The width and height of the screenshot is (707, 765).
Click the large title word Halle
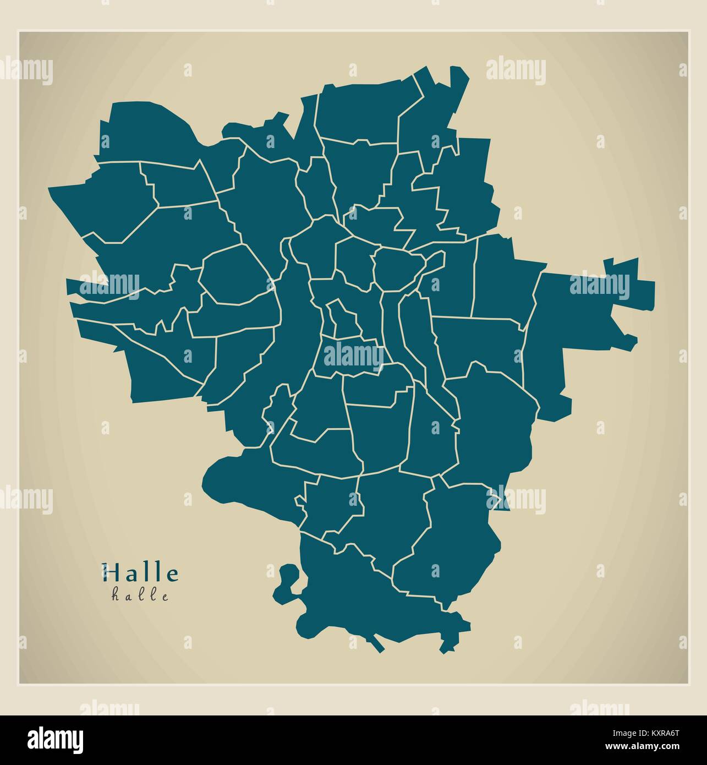(x=140, y=573)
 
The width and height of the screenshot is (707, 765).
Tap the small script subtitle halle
(x=140, y=595)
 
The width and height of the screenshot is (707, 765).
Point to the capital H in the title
(x=109, y=573)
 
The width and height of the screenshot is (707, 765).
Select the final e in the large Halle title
(x=173, y=575)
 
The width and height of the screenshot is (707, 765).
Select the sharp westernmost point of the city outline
(x=51, y=189)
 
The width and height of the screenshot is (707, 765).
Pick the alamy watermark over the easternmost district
(x=599, y=286)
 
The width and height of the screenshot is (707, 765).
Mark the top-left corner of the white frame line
(x=19, y=32)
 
